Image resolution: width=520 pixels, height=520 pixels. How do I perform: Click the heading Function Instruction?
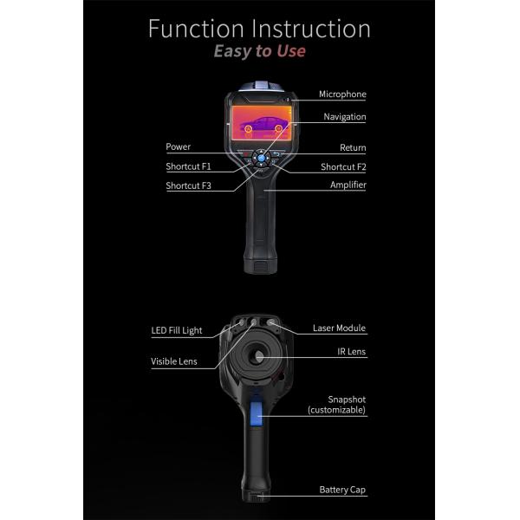pos(259,28)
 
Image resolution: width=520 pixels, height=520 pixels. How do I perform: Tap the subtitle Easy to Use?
pos(259,51)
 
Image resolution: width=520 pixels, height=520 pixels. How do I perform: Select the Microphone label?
pos(342,94)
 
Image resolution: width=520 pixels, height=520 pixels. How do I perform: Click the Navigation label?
pos(344,117)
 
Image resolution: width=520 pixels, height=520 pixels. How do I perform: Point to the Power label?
pos(178,147)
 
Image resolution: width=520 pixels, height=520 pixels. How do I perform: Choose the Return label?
pos(352,148)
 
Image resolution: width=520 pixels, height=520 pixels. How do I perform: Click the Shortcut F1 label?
pos(188,166)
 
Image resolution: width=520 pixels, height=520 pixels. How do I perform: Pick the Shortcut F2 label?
pos(343,166)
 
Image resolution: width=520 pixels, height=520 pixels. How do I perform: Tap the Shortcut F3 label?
pos(188,185)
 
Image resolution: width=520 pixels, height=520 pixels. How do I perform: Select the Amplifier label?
pos(348,185)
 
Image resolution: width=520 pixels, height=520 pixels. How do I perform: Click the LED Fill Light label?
pos(177,331)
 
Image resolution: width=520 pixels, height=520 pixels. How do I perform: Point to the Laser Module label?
pos(339,329)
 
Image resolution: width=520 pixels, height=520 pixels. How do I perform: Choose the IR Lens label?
pos(351,353)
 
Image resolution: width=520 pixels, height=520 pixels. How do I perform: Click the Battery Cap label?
pos(342,490)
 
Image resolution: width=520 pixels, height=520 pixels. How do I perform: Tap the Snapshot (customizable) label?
pos(336,405)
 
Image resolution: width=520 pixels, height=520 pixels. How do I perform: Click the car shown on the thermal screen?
pos(259,124)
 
